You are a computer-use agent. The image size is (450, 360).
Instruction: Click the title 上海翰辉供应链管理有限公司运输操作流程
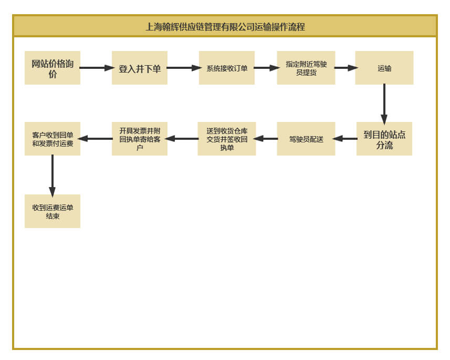click(x=225, y=27)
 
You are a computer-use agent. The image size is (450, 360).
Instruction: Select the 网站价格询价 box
click(x=53, y=68)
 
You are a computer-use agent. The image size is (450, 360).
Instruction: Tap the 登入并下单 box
click(x=140, y=68)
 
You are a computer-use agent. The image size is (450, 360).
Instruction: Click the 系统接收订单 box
click(x=227, y=68)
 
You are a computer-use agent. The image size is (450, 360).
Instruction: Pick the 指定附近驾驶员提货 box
click(x=306, y=68)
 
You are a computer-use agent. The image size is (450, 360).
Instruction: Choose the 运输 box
click(x=384, y=68)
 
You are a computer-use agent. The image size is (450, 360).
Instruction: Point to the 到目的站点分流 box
click(x=384, y=139)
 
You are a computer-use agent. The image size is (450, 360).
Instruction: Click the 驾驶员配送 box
click(x=306, y=139)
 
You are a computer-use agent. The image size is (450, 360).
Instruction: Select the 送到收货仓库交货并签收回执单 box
click(x=227, y=139)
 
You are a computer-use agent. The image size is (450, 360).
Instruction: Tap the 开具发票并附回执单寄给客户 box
click(x=140, y=139)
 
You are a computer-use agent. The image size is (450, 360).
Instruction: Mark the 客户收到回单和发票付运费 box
click(x=53, y=139)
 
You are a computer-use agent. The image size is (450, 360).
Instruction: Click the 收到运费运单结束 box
click(x=53, y=211)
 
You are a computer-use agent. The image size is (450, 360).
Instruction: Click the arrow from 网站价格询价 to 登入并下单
click(x=97, y=68)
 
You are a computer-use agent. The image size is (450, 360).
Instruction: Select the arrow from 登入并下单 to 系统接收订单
click(x=184, y=68)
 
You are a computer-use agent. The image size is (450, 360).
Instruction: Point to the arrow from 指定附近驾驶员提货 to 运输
click(x=346, y=68)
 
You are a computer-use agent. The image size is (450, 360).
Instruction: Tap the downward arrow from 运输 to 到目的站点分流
click(x=384, y=104)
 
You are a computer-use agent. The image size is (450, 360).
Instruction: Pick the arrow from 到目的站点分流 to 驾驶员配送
click(x=345, y=139)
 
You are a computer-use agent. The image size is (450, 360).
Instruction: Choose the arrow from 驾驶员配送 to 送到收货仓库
click(x=266, y=139)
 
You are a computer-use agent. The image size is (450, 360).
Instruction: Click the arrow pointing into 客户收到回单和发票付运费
click(x=95, y=139)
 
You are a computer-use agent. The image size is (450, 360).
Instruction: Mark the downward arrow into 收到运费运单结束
click(x=53, y=176)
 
